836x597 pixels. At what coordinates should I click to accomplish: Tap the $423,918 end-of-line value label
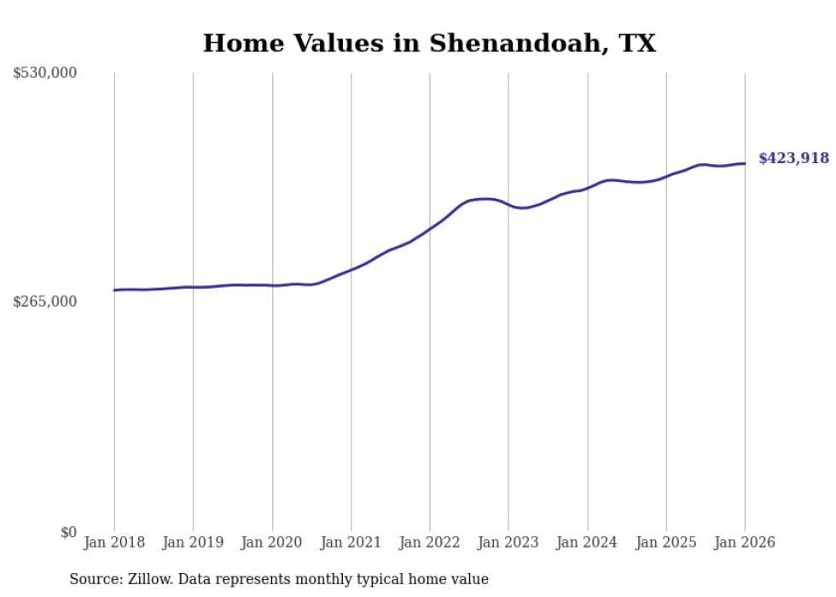coord(793,158)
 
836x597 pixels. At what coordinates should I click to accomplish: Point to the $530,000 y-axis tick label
coord(45,73)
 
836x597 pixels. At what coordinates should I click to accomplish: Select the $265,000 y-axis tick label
coord(45,301)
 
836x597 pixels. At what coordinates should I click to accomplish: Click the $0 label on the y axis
coord(68,532)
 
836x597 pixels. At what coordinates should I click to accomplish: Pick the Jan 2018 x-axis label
coord(114,542)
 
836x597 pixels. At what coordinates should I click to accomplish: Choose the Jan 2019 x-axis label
coord(193,542)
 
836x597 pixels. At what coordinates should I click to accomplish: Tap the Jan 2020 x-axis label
coord(272,542)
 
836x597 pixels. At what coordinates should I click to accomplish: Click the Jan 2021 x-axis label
coord(351,542)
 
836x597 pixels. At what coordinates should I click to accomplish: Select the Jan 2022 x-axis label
coord(430,542)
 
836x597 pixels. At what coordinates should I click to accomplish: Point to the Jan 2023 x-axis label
coord(508,542)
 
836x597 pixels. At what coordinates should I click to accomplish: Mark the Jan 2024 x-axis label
coord(587,542)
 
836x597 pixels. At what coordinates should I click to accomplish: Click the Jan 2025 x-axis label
coord(666,542)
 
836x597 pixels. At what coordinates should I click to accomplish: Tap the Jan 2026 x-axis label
coord(745,542)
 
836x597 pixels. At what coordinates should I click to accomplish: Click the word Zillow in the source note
coord(148,579)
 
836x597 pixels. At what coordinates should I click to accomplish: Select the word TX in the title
coord(637,44)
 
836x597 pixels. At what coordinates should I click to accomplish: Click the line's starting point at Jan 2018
coord(114,290)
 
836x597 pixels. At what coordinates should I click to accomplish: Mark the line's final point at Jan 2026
coord(745,163)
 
